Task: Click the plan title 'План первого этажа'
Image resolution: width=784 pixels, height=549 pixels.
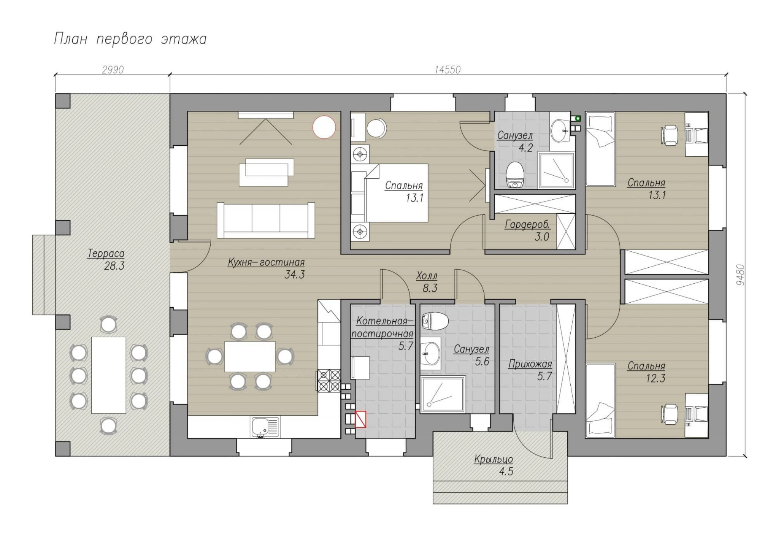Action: pyautogui.click(x=130, y=39)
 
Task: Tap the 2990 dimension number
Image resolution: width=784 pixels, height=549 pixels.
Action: pyautogui.click(x=113, y=70)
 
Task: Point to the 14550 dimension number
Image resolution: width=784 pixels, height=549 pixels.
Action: pyautogui.click(x=448, y=70)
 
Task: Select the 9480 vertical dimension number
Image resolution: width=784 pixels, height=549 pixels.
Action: pyautogui.click(x=740, y=275)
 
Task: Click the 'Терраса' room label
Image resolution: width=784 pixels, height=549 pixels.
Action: pyautogui.click(x=106, y=253)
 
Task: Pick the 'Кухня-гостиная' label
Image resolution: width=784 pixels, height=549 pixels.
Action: pyautogui.click(x=266, y=262)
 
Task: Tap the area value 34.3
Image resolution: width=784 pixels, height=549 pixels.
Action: pyautogui.click(x=294, y=274)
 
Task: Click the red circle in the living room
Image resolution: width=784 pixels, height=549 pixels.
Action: pyautogui.click(x=324, y=127)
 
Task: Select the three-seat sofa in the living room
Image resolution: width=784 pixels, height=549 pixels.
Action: pyautogui.click(x=266, y=220)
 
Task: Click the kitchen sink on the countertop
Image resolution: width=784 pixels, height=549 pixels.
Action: pyautogui.click(x=265, y=427)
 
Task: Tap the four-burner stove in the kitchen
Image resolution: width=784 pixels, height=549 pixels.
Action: pyautogui.click(x=329, y=380)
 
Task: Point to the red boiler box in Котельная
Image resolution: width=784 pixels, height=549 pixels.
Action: pyautogui.click(x=361, y=419)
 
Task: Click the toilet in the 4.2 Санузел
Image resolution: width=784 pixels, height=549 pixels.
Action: pyautogui.click(x=515, y=175)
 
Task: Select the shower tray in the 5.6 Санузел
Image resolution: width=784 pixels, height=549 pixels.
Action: pyautogui.click(x=443, y=393)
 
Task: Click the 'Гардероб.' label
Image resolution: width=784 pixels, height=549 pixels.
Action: pyautogui.click(x=527, y=225)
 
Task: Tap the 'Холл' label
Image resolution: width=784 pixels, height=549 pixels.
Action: pyautogui.click(x=427, y=276)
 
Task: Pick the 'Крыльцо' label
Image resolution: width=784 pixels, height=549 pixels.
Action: pyautogui.click(x=493, y=459)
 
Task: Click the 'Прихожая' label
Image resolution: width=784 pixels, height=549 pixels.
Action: pyautogui.click(x=530, y=364)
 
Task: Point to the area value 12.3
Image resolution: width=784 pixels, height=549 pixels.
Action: pyautogui.click(x=656, y=378)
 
